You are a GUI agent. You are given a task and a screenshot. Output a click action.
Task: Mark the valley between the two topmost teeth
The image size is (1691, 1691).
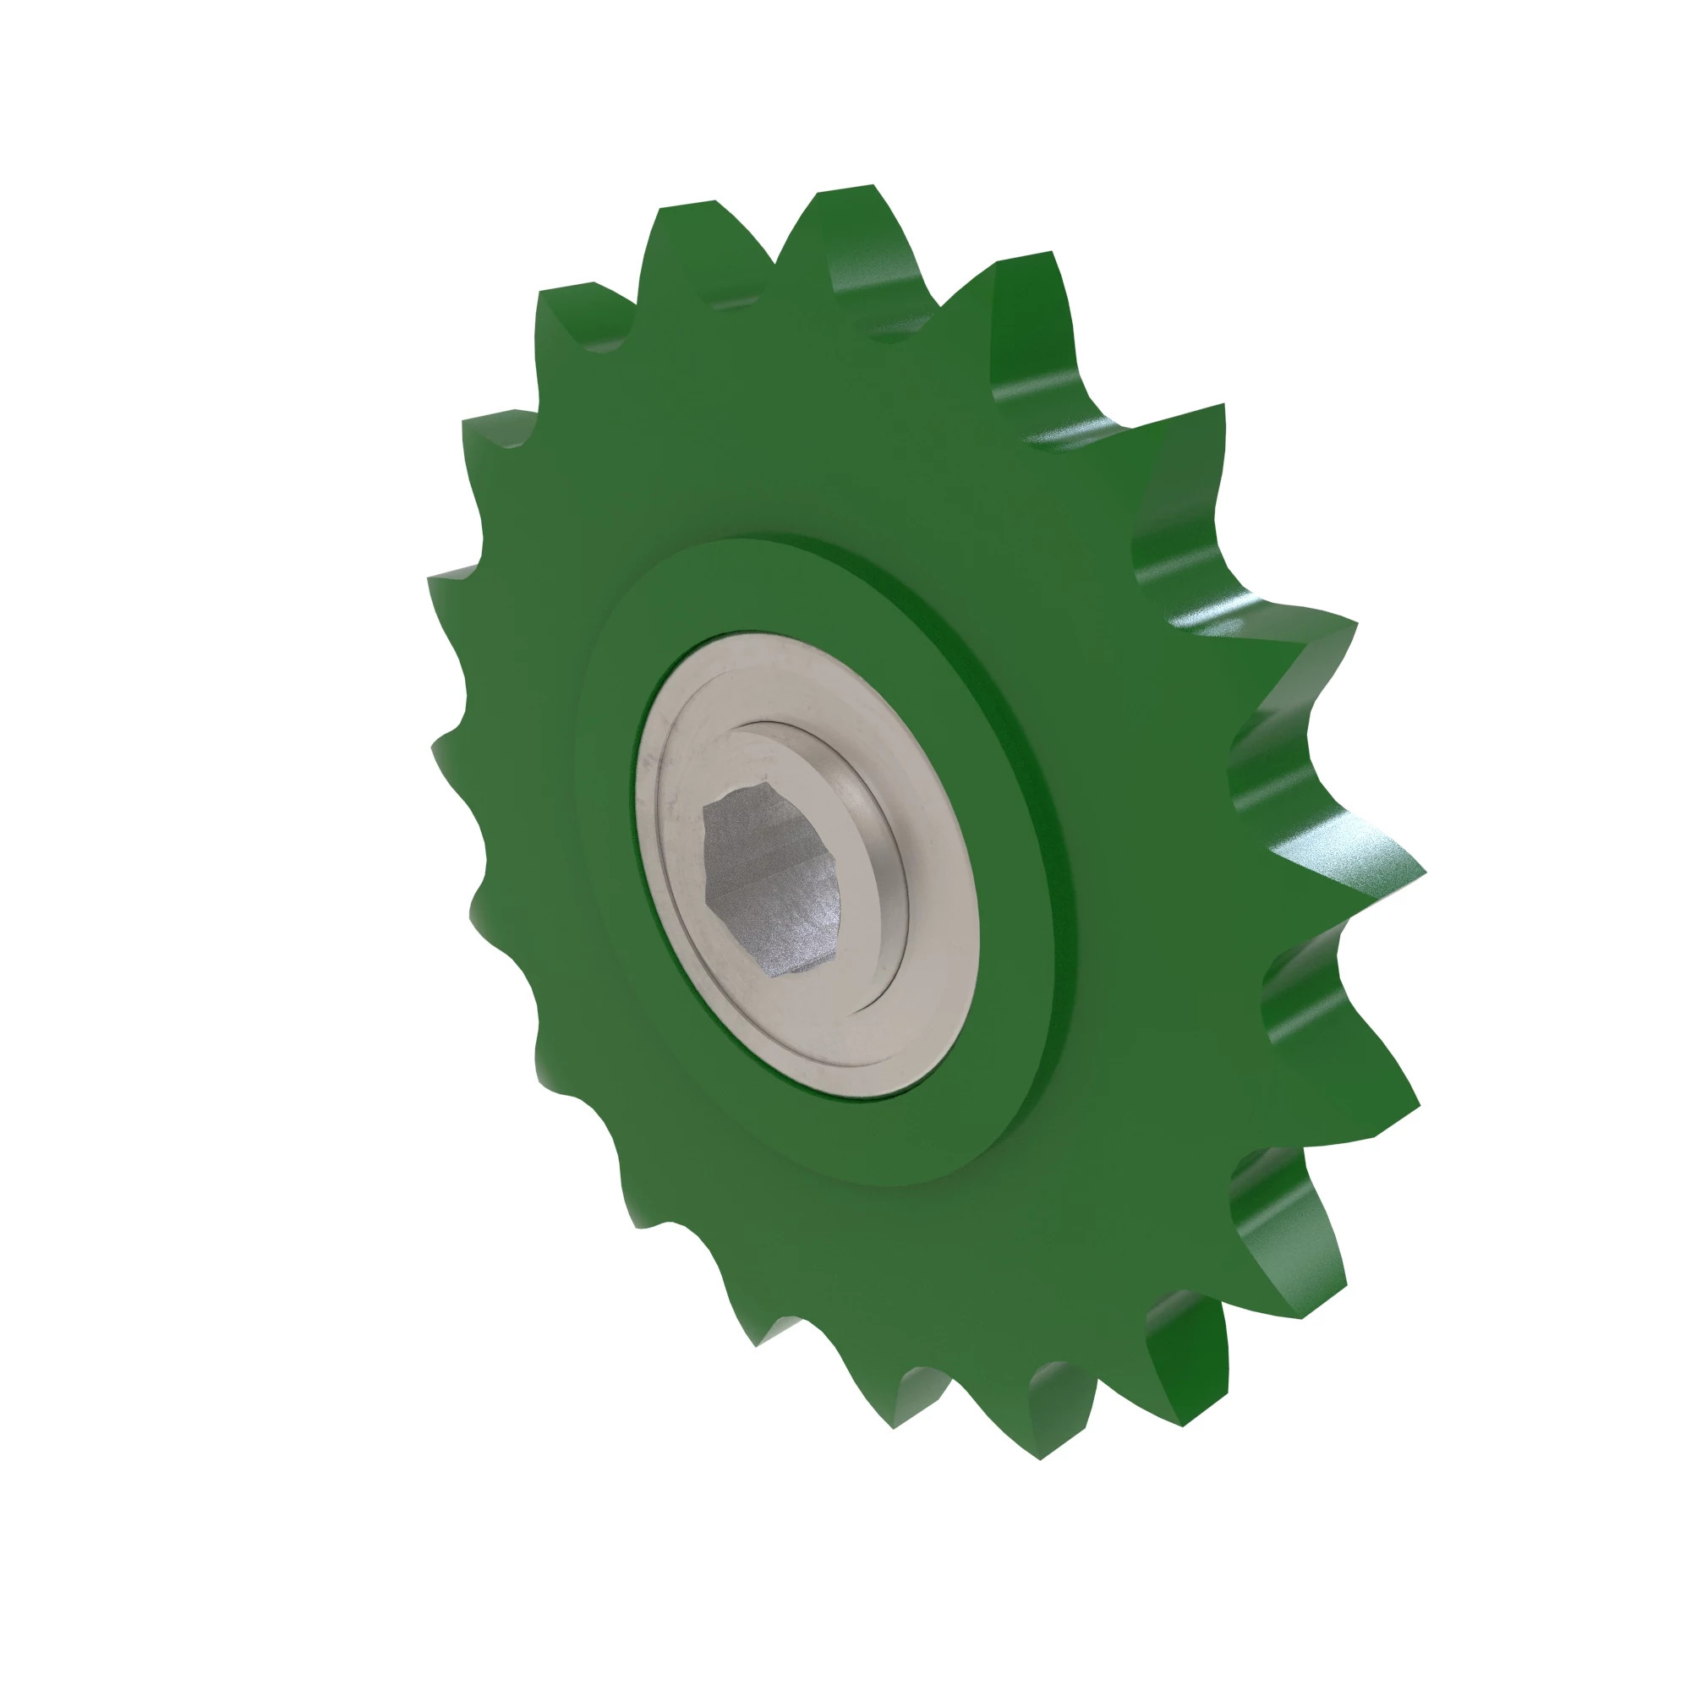tap(775, 263)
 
